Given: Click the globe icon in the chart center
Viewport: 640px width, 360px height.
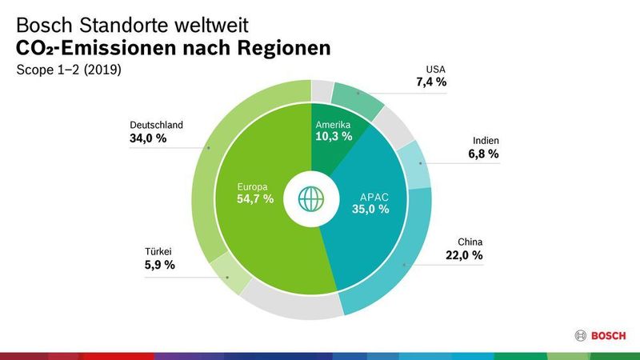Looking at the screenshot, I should [310, 198].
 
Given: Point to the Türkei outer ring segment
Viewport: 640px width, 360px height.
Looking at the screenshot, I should [230, 276].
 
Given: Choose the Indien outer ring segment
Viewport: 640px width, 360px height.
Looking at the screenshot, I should [415, 164].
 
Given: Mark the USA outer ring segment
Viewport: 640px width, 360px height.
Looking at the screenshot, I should [358, 100].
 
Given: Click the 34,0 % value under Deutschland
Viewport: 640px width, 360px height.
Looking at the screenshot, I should [148, 138].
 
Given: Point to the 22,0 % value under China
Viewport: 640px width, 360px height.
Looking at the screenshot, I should [464, 255].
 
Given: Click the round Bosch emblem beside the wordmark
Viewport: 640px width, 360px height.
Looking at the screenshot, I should [582, 336].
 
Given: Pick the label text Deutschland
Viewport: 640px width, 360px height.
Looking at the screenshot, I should [157, 125].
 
